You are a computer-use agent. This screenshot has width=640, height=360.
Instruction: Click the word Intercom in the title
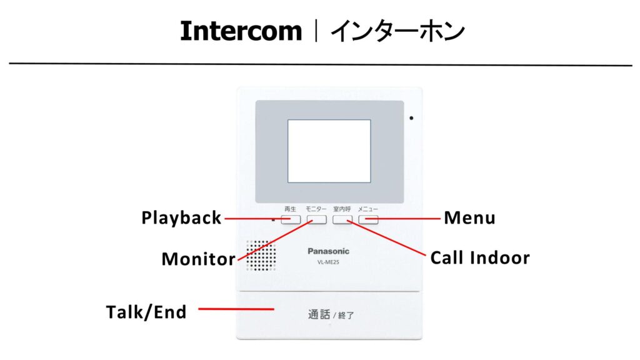tap(241, 31)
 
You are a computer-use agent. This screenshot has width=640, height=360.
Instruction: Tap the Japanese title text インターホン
tap(397, 31)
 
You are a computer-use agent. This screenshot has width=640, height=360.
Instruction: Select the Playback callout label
tap(181, 218)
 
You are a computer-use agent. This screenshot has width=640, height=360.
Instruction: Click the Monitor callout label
tap(198, 259)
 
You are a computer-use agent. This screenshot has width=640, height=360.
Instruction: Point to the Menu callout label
tap(469, 218)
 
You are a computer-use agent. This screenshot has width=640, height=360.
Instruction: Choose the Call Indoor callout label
tap(480, 257)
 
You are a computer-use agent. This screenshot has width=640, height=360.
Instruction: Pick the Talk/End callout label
tap(146, 312)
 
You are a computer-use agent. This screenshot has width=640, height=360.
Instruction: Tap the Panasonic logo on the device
tap(329, 251)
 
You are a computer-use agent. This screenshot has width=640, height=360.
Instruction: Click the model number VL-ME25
tap(328, 262)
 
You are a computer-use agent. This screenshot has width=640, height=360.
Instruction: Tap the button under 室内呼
tap(342, 219)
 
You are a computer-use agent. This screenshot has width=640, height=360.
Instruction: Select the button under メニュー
tap(368, 219)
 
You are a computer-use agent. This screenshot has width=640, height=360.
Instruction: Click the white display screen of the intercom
tap(329, 151)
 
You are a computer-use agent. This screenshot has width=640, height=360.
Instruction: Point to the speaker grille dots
tap(261, 256)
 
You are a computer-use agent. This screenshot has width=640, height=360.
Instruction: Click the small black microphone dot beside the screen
tap(411, 117)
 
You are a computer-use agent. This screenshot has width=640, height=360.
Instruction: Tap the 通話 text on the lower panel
tap(319, 314)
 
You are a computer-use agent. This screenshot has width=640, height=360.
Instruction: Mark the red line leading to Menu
tap(409, 219)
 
